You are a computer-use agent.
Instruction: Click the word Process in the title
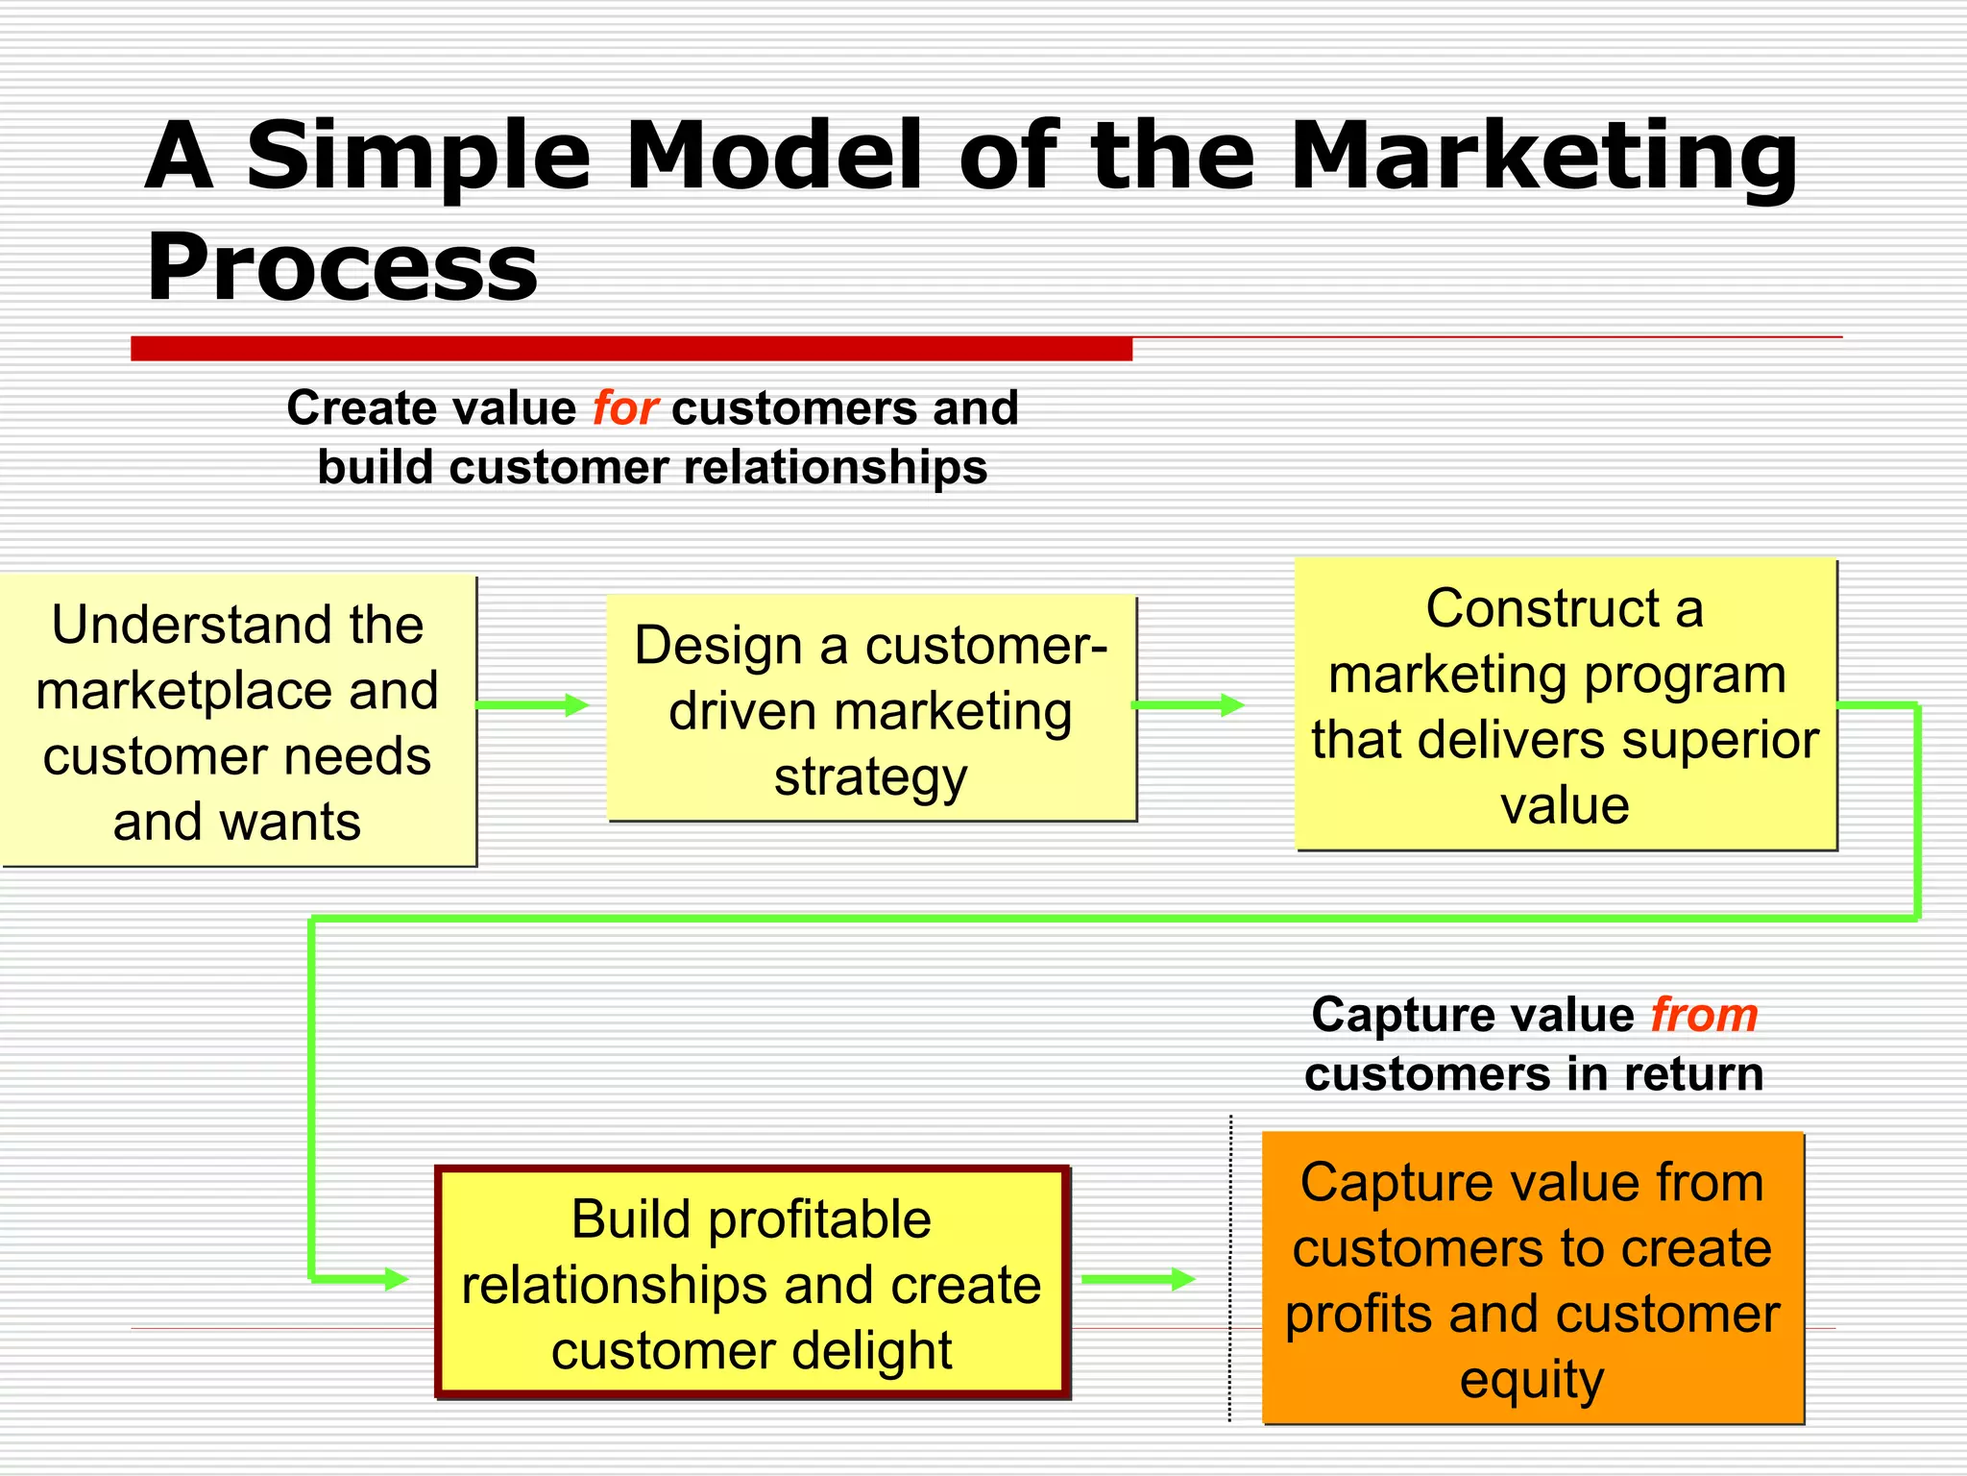coord(342,267)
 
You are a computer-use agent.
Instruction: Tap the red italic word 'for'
coord(624,407)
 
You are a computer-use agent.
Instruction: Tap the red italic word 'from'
coord(1704,1015)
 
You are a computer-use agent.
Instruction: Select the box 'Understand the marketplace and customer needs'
coord(237,722)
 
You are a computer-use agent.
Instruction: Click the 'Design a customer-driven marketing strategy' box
coord(871,709)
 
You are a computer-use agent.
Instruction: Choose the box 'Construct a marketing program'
coord(1566,704)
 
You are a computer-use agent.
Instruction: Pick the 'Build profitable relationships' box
coord(752,1282)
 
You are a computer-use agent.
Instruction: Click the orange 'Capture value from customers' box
coord(1533,1278)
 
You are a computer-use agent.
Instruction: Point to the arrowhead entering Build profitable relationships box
coord(396,1279)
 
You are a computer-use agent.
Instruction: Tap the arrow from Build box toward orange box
coord(1137,1279)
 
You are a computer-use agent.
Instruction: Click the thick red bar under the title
coord(631,349)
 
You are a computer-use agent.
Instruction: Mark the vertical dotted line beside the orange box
coord(1230,1268)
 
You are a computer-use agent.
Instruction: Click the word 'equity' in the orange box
coord(1532,1380)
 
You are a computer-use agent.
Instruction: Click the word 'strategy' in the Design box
coord(871,776)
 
